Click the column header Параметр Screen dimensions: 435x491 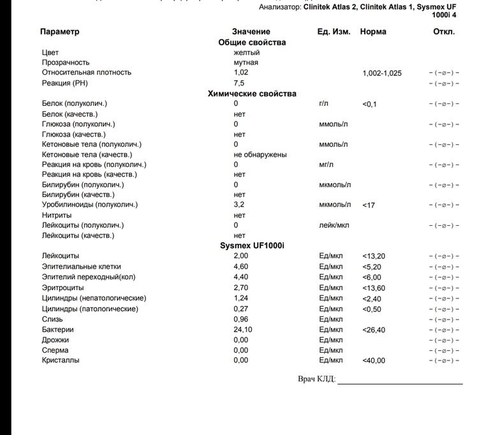tap(60, 31)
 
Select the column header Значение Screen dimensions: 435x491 tap(251, 31)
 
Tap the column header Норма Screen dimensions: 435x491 tap(373, 31)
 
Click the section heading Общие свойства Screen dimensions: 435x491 tap(252, 42)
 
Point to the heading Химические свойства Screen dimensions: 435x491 tap(252, 93)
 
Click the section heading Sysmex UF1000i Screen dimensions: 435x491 tap(252, 246)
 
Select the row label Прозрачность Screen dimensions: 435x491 tap(66, 63)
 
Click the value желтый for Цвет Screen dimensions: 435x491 tap(246, 52)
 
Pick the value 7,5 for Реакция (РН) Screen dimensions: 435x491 tap(239, 83)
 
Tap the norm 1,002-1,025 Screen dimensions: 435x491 tap(382, 73)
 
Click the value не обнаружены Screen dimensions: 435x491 tap(260, 154)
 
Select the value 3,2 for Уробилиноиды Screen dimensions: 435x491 tap(239, 205)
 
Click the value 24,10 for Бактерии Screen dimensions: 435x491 tap(243, 330)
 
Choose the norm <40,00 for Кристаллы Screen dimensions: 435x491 tap(374, 360)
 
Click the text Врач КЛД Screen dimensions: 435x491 tap(316, 379)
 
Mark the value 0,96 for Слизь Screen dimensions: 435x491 tap(241, 319)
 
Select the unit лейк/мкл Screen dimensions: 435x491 tap(334, 225)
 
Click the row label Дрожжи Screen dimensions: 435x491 tap(55, 340)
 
